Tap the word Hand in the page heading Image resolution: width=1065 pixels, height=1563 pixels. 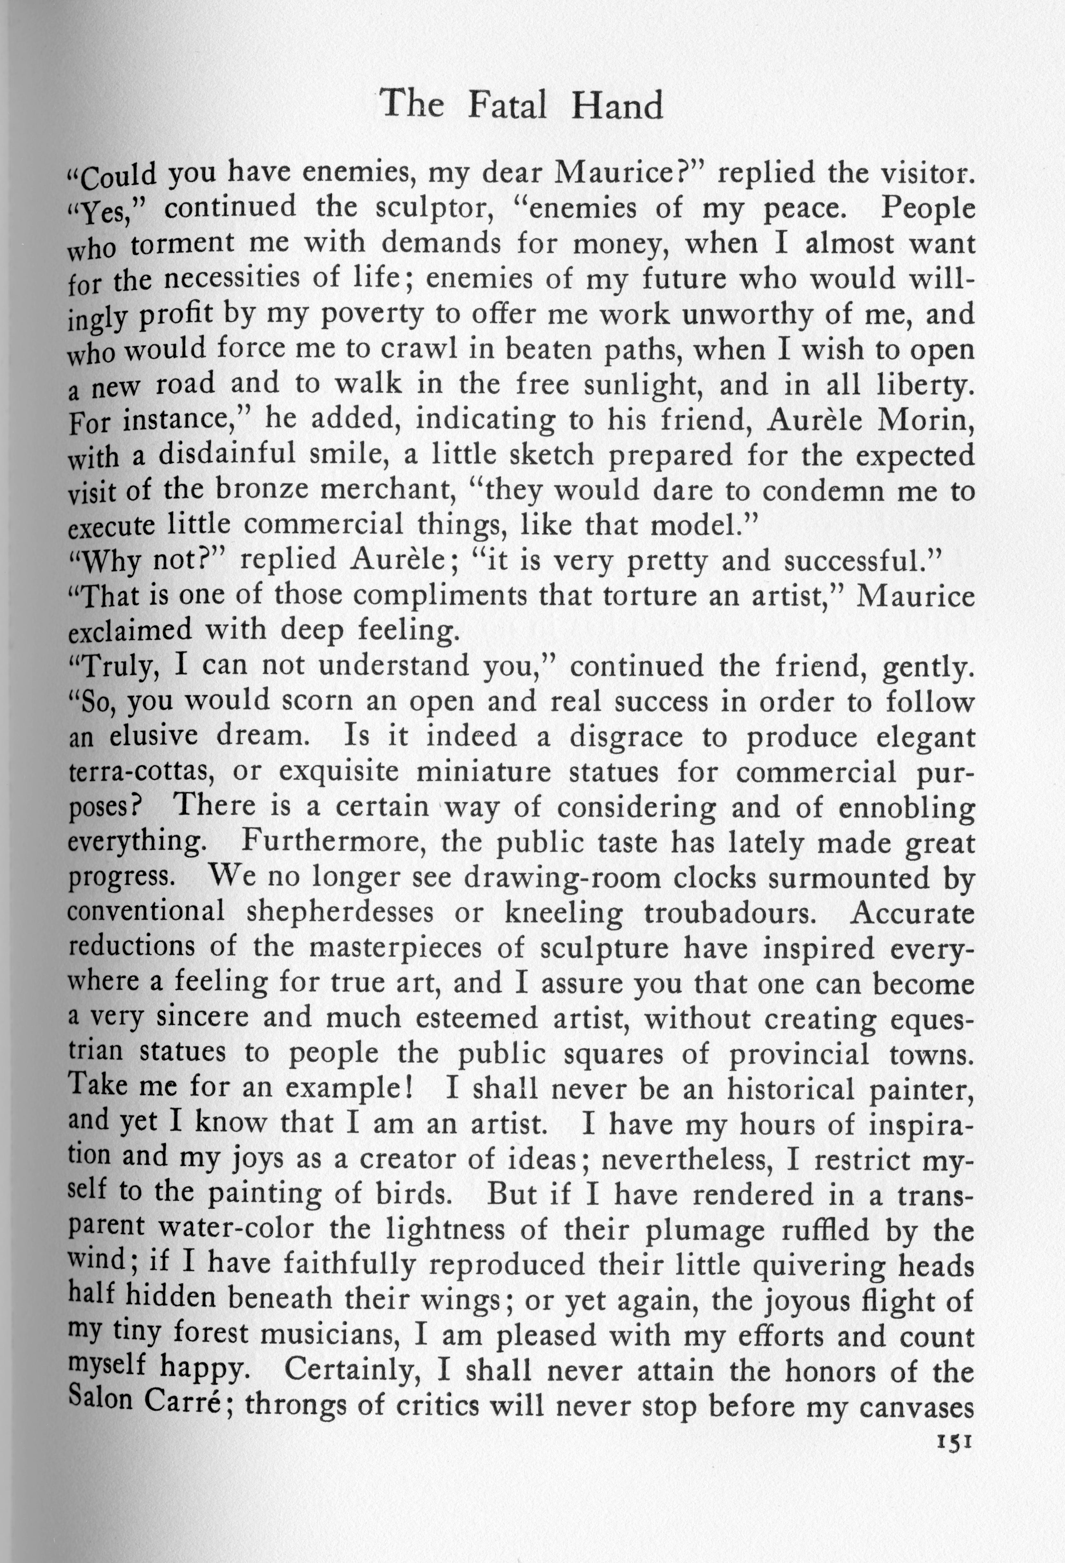pos(617,106)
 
